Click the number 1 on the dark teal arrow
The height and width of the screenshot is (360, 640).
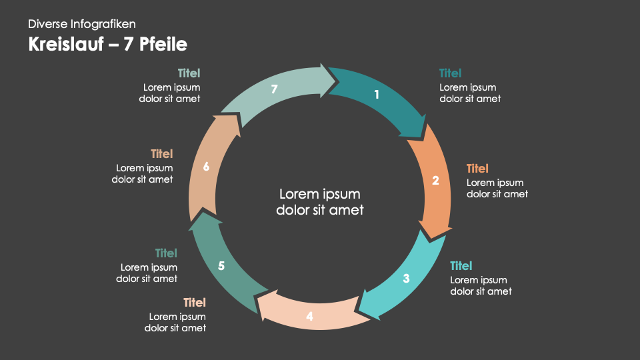[x=377, y=95]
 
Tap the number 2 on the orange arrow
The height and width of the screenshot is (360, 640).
[x=435, y=180]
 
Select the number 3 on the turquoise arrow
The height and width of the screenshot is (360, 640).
[x=406, y=279]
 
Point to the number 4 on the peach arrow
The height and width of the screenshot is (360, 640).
[x=309, y=317]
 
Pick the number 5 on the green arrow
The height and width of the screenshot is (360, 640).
[x=221, y=266]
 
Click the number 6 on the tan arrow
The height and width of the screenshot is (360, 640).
[x=206, y=167]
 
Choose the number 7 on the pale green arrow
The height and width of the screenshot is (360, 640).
[x=274, y=89]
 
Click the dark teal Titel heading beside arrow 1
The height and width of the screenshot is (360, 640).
[x=451, y=73]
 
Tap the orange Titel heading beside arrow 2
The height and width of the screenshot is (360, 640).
[x=477, y=169]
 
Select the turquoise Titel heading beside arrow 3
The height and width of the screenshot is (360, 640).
[x=461, y=266]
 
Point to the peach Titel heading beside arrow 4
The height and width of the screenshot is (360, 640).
[x=195, y=303]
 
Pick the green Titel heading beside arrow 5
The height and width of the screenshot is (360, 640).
[x=166, y=253]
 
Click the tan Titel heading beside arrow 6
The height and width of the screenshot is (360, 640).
[x=161, y=154]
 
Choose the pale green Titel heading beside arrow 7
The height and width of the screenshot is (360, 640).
[x=189, y=73]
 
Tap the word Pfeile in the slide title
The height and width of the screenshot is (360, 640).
[x=164, y=45]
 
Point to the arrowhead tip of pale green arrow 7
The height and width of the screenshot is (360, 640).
[x=336, y=80]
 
